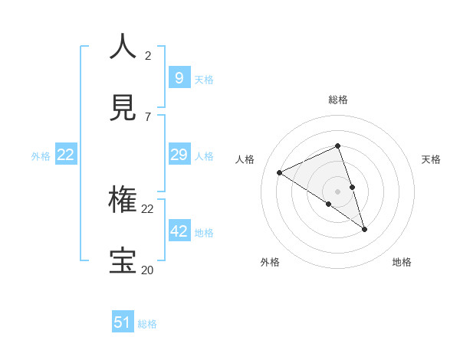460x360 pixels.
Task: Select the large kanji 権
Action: pyautogui.click(x=123, y=199)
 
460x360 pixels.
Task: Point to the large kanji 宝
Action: pyautogui.click(x=123, y=260)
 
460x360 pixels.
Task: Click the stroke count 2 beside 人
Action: pyautogui.click(x=148, y=55)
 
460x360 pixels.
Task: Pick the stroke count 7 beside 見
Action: pyautogui.click(x=148, y=116)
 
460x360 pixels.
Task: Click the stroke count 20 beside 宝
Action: pyautogui.click(x=148, y=270)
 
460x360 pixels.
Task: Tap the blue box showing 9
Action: pyautogui.click(x=179, y=77)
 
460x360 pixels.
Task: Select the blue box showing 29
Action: pyautogui.click(x=179, y=155)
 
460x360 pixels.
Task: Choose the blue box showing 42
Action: pyautogui.click(x=179, y=231)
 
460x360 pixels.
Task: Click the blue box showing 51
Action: pyautogui.click(x=123, y=322)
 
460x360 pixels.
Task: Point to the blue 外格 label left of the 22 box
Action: pyautogui.click(x=41, y=155)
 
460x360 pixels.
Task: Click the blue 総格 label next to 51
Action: pyautogui.click(x=147, y=324)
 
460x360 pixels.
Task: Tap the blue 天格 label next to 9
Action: pyautogui.click(x=204, y=79)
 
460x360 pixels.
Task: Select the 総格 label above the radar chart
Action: pyautogui.click(x=338, y=100)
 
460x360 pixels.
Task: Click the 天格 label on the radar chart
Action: pyautogui.click(x=431, y=159)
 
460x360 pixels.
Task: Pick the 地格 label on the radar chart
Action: pyautogui.click(x=402, y=262)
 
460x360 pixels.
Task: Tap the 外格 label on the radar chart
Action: pyautogui.click(x=270, y=262)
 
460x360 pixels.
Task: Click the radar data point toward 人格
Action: pyautogui.click(x=280, y=173)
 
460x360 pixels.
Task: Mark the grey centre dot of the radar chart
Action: pyautogui.click(x=337, y=191)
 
